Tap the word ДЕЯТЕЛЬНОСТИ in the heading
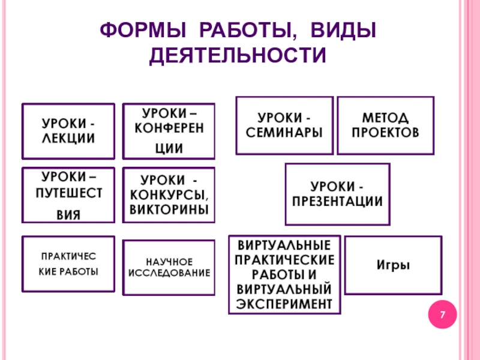click(238, 56)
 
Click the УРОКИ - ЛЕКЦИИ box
click(68, 130)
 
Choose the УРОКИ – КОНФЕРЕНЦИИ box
click(169, 130)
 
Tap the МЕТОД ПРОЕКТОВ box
click(385, 125)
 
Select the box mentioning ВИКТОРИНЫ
click(169, 195)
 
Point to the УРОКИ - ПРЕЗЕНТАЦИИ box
click(337, 194)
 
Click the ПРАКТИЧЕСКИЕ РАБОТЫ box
click(68, 264)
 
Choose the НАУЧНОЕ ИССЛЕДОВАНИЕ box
click(169, 268)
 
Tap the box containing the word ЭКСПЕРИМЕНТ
click(284, 274)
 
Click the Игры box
click(394, 265)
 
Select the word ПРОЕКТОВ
click(385, 132)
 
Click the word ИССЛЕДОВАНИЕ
click(169, 273)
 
